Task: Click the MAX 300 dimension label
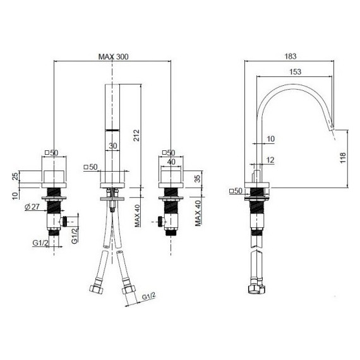(113, 56)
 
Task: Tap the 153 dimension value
(294, 72)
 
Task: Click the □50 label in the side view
(236, 190)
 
